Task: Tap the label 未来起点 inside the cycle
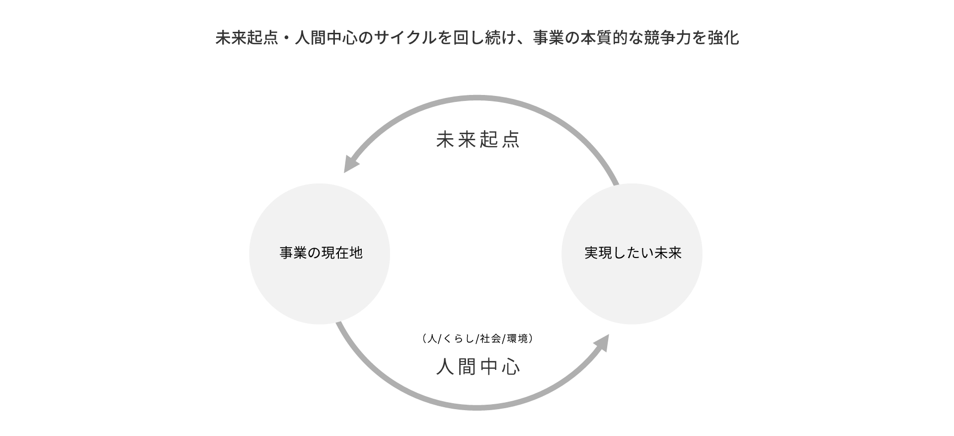(477, 140)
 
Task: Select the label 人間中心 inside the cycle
(477, 367)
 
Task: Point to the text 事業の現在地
(321, 253)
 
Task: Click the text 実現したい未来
(633, 253)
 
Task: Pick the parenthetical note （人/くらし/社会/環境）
(477, 339)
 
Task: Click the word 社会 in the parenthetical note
(490, 339)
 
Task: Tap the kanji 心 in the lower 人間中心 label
(511, 367)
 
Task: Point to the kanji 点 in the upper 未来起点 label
(511, 140)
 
